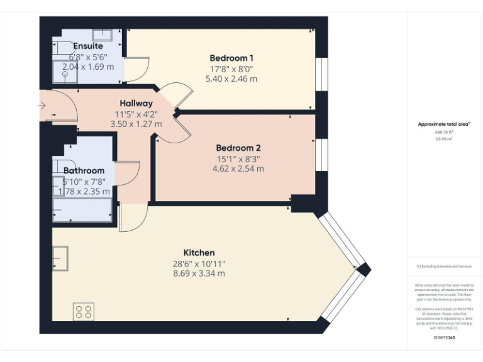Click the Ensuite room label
(x=88, y=46)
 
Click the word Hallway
(x=136, y=104)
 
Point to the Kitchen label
(x=199, y=253)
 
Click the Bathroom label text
(x=84, y=170)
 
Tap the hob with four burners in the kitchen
(x=84, y=312)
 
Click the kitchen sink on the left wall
(x=60, y=256)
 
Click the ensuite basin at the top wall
(x=102, y=35)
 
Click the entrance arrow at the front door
(x=42, y=106)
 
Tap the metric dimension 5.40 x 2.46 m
(x=231, y=79)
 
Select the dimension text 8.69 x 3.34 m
(x=199, y=273)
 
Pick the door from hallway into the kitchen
(x=132, y=217)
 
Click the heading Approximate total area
(x=444, y=124)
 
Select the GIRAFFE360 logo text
(x=444, y=339)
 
